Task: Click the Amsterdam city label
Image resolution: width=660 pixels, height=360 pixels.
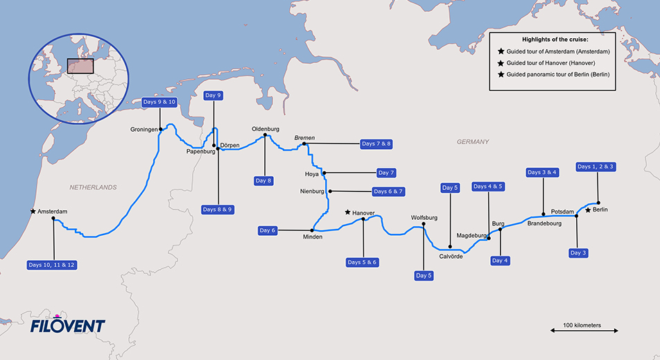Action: click(54, 212)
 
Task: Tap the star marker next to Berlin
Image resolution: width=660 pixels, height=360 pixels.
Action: click(589, 209)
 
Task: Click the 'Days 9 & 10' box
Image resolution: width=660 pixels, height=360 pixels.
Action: click(159, 102)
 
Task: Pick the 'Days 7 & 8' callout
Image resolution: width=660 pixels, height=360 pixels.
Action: click(376, 144)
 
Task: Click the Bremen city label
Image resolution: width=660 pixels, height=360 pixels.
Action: click(304, 138)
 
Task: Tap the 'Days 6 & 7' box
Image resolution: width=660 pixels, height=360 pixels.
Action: click(388, 191)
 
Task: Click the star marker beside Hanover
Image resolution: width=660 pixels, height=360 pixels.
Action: click(347, 212)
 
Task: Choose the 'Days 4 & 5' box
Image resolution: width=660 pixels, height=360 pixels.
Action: click(489, 187)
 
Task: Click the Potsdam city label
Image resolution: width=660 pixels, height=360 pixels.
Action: click(562, 211)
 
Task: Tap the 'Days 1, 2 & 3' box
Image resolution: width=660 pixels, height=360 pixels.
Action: click(596, 166)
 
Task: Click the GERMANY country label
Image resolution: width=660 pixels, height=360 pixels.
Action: click(473, 142)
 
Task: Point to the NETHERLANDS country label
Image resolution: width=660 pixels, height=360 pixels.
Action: click(93, 187)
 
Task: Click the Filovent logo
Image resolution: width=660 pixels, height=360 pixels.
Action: click(67, 325)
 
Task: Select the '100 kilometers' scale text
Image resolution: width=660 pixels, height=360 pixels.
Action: click(582, 325)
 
